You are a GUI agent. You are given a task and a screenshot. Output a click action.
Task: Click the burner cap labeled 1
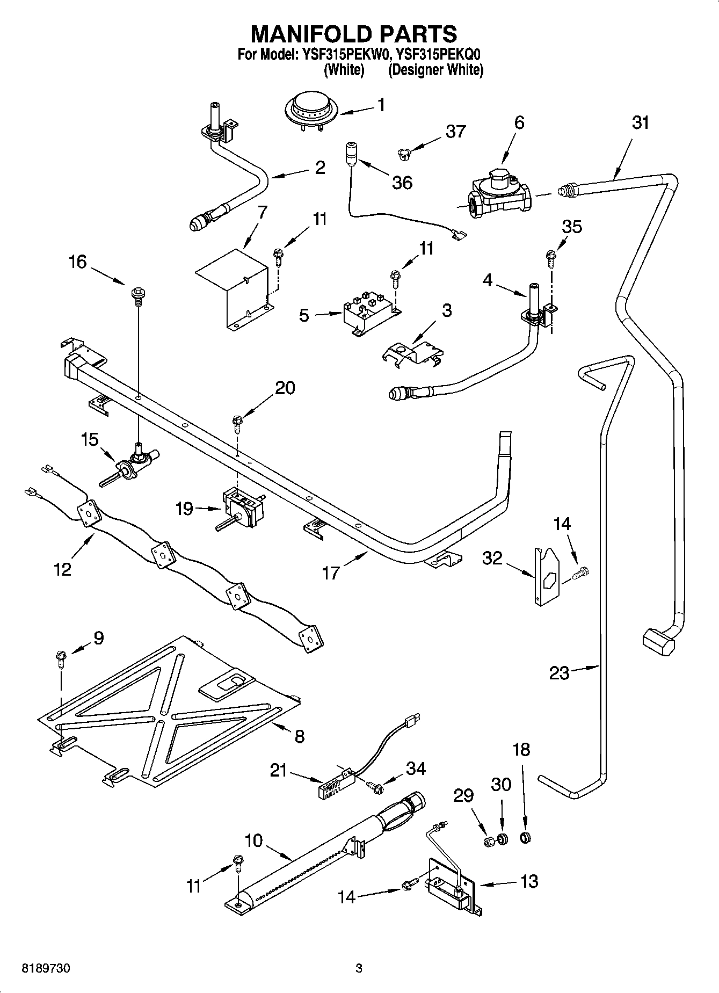(x=311, y=110)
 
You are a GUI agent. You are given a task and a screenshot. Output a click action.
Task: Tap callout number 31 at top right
(x=640, y=123)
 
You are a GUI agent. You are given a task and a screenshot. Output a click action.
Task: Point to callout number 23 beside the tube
(x=558, y=672)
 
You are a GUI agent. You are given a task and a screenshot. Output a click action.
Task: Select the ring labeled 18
(x=526, y=837)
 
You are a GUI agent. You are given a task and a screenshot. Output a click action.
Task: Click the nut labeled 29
(x=489, y=842)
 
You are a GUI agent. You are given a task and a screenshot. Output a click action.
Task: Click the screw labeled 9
(x=60, y=658)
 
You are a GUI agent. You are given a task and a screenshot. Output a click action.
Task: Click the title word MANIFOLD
(x=315, y=33)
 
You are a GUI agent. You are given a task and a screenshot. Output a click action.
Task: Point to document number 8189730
(x=46, y=969)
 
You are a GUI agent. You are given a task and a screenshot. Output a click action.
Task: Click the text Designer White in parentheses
(x=435, y=70)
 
